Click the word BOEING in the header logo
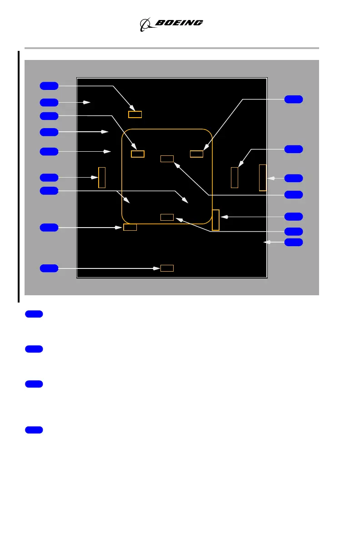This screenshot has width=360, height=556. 180,23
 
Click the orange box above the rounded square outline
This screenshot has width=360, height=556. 135,114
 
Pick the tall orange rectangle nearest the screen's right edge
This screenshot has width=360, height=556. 262,178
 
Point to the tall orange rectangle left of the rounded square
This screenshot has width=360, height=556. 102,177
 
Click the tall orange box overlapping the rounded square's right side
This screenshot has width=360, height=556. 215,220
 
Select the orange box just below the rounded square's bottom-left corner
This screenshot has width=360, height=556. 130,227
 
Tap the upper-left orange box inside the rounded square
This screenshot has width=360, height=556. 138,154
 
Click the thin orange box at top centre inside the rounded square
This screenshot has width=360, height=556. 167,159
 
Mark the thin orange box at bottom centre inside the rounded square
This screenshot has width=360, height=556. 167,217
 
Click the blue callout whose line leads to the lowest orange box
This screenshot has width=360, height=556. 49,268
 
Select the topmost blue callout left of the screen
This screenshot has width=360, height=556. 49,85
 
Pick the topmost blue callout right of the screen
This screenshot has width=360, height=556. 293,99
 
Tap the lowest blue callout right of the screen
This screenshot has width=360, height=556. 293,242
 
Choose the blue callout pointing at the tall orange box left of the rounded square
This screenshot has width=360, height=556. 49,177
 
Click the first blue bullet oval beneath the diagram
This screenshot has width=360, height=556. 34,314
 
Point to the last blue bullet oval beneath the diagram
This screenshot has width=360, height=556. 34,430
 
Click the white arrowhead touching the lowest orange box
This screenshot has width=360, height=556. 157,268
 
